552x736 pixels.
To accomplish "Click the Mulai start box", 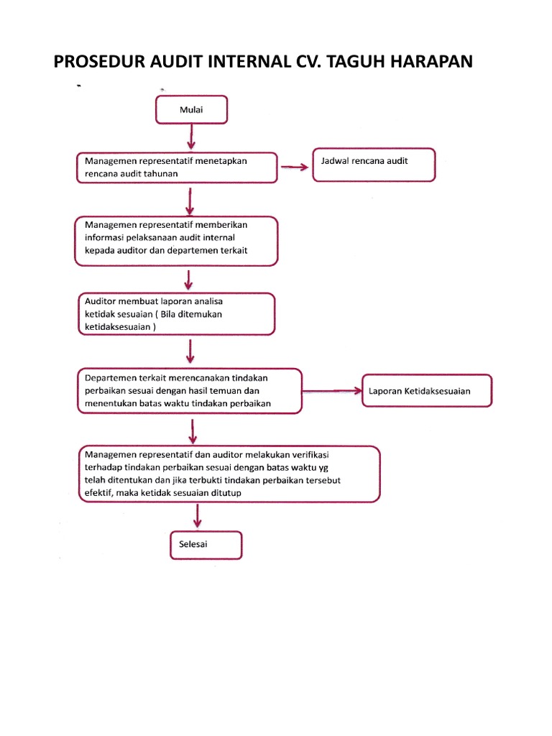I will click(191, 110).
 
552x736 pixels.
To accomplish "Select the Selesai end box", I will click(206, 545).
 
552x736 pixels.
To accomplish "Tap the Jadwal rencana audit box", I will click(374, 165).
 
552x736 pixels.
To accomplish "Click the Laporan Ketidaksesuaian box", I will click(427, 392).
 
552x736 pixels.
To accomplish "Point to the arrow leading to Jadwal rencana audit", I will click(294, 167).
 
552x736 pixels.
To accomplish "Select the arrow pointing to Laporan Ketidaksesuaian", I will click(332, 392).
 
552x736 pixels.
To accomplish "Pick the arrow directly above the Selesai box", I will click(198, 516).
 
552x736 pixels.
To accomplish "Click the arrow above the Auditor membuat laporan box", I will click(188, 278).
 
